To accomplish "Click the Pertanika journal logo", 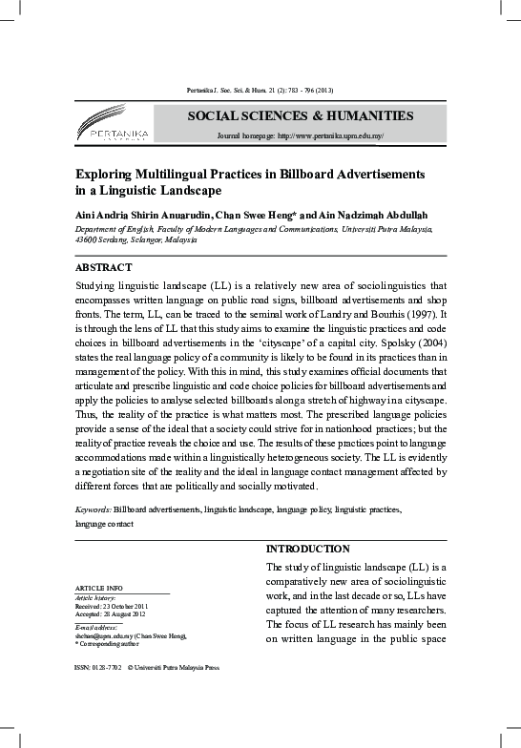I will [x=113, y=126].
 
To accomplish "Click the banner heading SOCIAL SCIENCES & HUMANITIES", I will [x=300, y=115].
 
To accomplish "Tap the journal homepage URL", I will [x=327, y=136].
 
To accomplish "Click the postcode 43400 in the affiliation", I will [x=87, y=240].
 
